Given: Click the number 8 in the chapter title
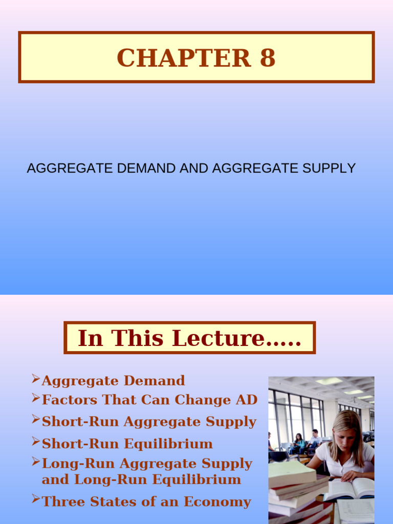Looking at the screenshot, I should click(x=268, y=58).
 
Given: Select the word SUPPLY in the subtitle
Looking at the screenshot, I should click(x=330, y=168).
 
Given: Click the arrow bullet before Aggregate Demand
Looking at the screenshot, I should click(x=36, y=379).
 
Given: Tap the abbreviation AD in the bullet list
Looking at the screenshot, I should click(x=247, y=400).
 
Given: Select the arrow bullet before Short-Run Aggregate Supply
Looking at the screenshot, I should click(x=36, y=420).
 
